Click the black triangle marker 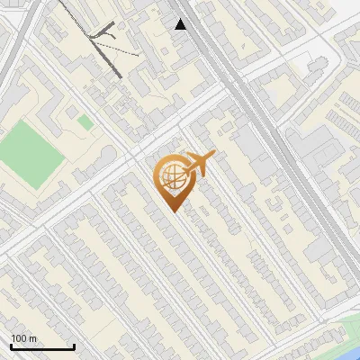pos(181,24)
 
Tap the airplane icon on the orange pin pos(197,164)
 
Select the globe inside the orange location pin pos(171,176)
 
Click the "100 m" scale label pos(23,338)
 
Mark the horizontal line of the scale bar pos(42,347)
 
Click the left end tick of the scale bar pos(11,345)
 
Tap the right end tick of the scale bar pos(74,345)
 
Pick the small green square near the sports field pos(85,121)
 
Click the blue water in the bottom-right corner pos(352,341)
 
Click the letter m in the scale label pos(32,338)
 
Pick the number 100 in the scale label pos(19,338)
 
